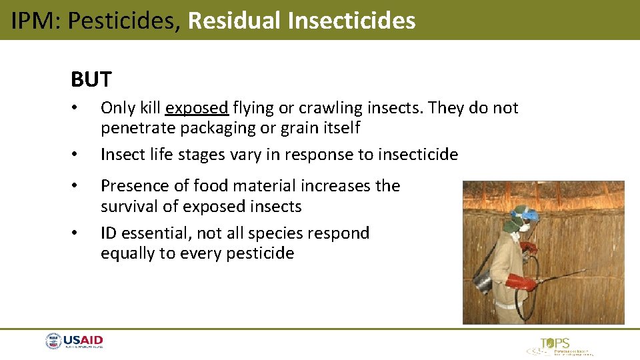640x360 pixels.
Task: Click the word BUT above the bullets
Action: tap(91, 80)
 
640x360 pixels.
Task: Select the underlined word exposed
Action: tap(197, 108)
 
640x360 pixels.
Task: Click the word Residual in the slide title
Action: tap(235, 21)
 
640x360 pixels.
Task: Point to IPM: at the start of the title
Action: tap(36, 21)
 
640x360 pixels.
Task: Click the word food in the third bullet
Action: tap(211, 186)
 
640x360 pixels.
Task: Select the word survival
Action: tap(129, 207)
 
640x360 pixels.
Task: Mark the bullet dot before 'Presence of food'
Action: tap(77, 186)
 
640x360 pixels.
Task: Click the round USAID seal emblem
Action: tap(53, 342)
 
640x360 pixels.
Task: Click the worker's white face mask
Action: tap(524, 227)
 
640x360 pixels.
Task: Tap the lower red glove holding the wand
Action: tap(522, 283)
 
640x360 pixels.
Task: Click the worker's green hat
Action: tap(514, 219)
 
